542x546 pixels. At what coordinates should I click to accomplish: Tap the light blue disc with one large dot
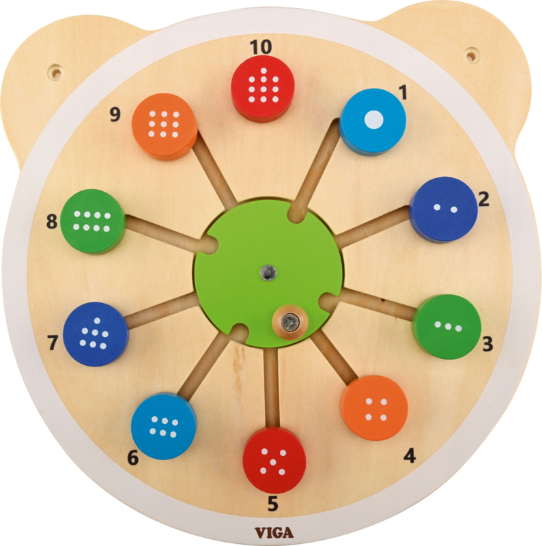click(373, 121)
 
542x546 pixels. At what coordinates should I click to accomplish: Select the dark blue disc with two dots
click(444, 210)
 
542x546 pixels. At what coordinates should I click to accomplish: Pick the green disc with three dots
click(447, 327)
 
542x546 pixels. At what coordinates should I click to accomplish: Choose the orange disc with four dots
click(375, 407)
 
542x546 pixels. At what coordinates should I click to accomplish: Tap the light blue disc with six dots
click(164, 426)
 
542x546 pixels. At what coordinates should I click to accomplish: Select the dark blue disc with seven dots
click(96, 334)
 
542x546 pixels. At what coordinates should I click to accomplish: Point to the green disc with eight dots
click(93, 221)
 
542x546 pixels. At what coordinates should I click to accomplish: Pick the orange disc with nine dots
click(165, 126)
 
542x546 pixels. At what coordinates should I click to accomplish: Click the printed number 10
click(261, 47)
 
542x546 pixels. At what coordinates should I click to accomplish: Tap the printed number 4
click(410, 455)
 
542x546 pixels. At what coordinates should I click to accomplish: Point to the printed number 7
click(53, 343)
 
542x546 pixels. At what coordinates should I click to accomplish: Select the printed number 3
click(487, 344)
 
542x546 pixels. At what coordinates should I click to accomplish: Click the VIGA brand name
click(274, 532)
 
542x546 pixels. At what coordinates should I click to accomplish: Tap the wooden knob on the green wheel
click(290, 321)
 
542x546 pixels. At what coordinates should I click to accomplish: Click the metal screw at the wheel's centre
click(268, 272)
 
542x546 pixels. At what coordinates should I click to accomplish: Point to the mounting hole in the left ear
click(56, 72)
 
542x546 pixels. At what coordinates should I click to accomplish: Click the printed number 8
click(52, 221)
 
